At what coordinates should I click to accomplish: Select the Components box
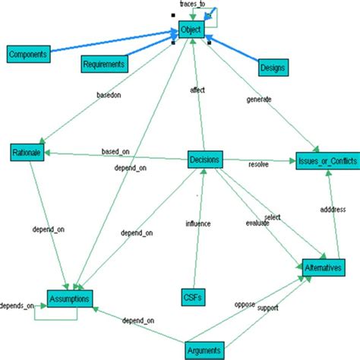pos(28,55)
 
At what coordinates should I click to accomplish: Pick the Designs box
pos(272,68)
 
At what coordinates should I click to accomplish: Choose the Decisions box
pos(205,160)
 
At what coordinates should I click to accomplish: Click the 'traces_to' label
pos(192,5)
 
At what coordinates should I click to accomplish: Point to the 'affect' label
pos(197,90)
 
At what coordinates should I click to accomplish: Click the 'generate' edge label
pos(261,99)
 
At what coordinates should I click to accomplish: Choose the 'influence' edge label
pos(198,223)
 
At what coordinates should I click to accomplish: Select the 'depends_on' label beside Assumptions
pos(17,306)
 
